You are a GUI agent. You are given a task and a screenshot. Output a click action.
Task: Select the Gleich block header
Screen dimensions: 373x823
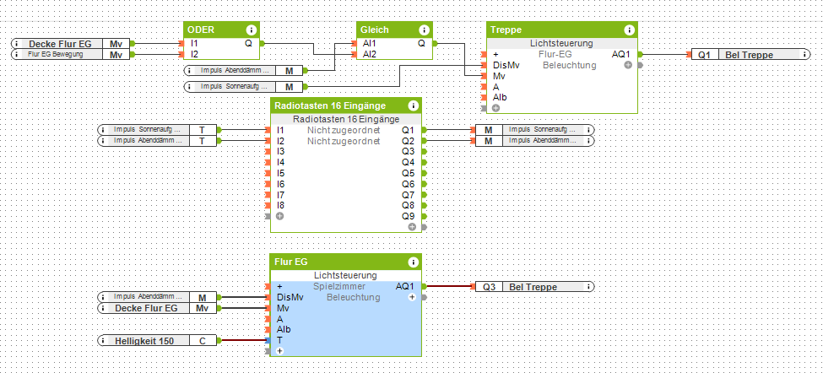click(x=374, y=29)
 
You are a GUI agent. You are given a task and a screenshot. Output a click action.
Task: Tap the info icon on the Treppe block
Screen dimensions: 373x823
click(x=628, y=30)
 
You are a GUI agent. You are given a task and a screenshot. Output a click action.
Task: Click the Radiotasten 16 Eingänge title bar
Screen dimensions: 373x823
click(x=330, y=105)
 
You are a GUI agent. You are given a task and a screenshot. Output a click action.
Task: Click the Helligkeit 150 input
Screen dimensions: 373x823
click(x=143, y=340)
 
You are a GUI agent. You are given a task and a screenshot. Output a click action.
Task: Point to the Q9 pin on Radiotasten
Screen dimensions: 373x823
click(x=408, y=216)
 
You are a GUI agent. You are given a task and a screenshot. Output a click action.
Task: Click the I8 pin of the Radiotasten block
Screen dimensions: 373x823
click(x=281, y=205)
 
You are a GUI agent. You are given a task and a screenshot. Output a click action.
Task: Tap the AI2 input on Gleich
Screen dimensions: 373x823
click(x=370, y=54)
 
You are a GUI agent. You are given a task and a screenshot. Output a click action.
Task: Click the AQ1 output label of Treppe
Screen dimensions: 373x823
click(x=620, y=54)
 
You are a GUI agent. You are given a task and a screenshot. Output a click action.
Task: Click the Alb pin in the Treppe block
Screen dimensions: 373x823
click(x=501, y=97)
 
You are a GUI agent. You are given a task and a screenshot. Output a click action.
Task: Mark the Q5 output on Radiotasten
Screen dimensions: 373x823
click(x=408, y=173)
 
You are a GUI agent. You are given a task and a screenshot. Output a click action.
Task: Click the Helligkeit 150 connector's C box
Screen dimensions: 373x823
click(x=203, y=340)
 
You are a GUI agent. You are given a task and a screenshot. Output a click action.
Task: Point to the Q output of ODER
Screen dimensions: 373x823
click(x=248, y=43)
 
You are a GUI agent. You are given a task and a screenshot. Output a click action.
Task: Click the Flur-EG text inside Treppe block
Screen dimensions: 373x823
click(x=556, y=54)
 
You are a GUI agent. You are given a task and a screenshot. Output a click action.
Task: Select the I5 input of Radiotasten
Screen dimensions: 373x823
click(x=281, y=173)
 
